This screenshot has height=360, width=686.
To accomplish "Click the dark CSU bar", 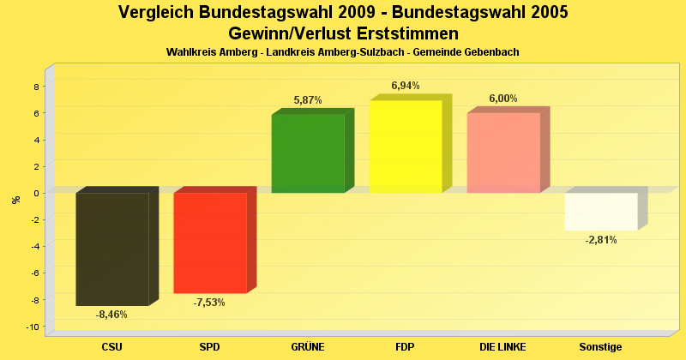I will click(112, 249).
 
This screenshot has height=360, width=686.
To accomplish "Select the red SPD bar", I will click(210, 243).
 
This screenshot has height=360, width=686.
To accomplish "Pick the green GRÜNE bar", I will click(308, 153).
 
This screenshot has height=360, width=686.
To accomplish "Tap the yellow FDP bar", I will click(406, 147).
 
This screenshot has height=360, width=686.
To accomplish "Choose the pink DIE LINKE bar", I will click(503, 153).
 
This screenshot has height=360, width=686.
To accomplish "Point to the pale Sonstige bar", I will click(601, 211).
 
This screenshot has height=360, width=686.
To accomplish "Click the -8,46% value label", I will click(111, 315).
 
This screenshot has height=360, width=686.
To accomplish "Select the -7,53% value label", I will click(209, 303).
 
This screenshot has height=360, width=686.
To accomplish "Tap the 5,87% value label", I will click(308, 100).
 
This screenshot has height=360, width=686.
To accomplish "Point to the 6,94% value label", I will click(406, 86).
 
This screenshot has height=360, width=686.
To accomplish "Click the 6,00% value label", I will click(503, 99).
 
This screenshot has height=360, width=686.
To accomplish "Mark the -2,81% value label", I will click(601, 240).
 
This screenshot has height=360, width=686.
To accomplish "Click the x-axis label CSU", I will click(111, 346).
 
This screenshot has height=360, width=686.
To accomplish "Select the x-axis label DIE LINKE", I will click(503, 346).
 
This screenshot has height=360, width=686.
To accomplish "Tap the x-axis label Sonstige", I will click(600, 346).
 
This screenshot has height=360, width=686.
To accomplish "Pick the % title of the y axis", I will click(15, 200).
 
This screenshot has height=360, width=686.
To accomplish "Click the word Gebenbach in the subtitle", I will click(490, 52).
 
